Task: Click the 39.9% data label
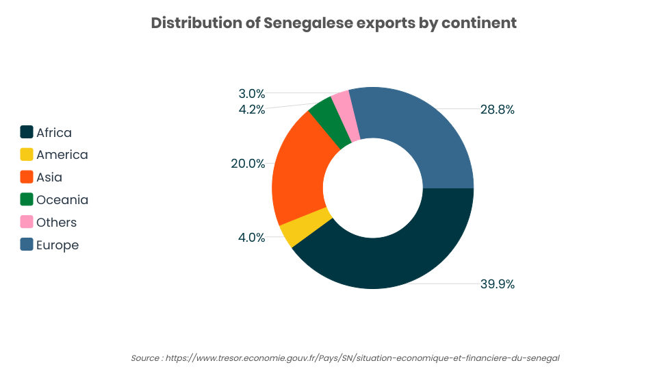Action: point(498,284)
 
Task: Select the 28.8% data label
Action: point(498,109)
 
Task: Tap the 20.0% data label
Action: point(248,163)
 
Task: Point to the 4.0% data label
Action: point(252,237)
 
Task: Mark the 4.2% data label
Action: point(252,109)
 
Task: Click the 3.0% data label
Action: point(252,94)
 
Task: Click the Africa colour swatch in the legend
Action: point(27,132)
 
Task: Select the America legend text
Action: point(62,155)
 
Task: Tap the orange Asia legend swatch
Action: point(27,177)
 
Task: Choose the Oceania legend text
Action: point(62,200)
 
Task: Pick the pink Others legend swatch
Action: point(27,222)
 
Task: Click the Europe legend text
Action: point(57,245)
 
